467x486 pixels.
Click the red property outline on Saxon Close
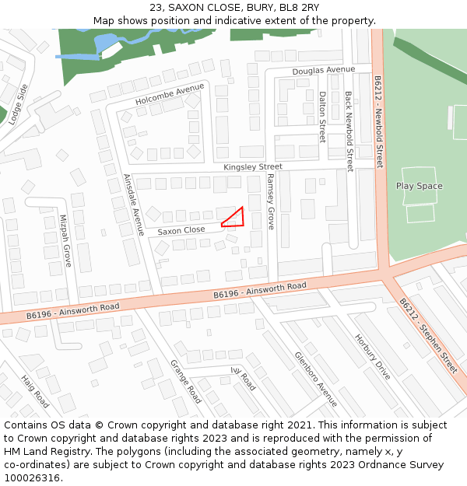click(x=235, y=219)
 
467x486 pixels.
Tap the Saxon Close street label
click(x=181, y=230)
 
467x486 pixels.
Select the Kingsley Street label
click(x=253, y=167)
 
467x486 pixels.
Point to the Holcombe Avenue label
click(x=170, y=95)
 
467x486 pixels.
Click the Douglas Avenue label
click(x=323, y=70)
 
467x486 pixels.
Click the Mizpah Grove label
click(x=66, y=241)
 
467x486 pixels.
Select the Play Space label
click(x=419, y=186)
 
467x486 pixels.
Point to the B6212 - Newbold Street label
click(x=379, y=122)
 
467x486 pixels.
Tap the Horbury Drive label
click(x=372, y=356)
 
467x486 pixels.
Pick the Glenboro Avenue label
click(x=316, y=379)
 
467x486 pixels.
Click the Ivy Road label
click(x=243, y=378)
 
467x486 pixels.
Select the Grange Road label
click(x=186, y=381)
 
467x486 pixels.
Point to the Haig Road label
click(x=35, y=391)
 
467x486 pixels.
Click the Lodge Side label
click(x=19, y=103)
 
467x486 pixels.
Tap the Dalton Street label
click(x=322, y=117)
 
